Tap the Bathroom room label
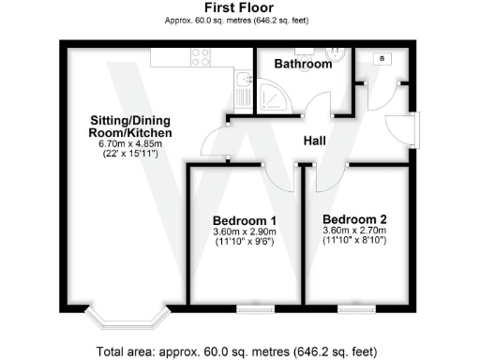(303, 65)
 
